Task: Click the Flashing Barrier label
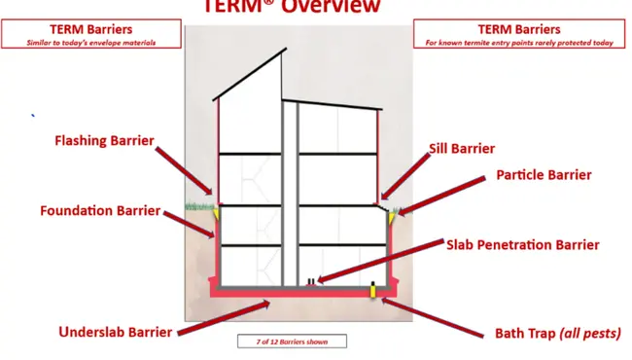(103, 141)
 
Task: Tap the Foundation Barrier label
(100, 210)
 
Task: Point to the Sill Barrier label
(462, 149)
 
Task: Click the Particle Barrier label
(544, 175)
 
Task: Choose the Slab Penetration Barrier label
(523, 245)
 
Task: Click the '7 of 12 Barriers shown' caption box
(292, 342)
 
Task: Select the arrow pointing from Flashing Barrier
(185, 167)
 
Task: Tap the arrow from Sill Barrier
(404, 175)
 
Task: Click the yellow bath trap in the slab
(373, 289)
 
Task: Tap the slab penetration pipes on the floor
(311, 282)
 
